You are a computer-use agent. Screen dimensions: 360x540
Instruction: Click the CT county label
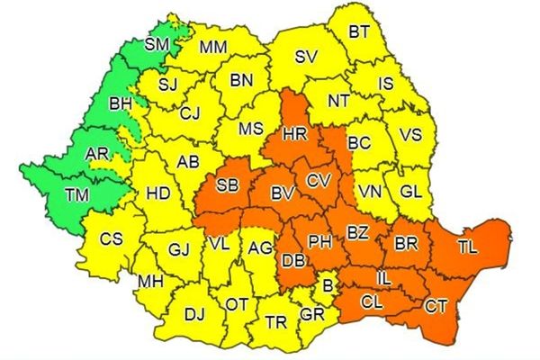pyautogui.click(x=436, y=307)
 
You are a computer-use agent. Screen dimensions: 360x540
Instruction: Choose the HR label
pyautogui.click(x=294, y=134)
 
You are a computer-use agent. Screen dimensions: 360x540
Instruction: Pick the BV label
pyautogui.click(x=283, y=193)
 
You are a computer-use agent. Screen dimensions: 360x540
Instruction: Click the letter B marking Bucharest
pyautogui.click(x=328, y=285)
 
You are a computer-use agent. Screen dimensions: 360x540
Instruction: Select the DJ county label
pyautogui.click(x=193, y=314)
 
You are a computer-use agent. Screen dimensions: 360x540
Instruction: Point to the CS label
pyautogui.click(x=111, y=239)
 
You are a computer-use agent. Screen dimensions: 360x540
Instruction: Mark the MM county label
pyautogui.click(x=213, y=47)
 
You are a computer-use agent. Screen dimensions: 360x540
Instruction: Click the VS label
pyautogui.click(x=410, y=135)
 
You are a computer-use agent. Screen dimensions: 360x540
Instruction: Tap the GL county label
pyautogui.click(x=409, y=191)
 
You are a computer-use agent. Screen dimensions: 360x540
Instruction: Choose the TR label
pyautogui.click(x=275, y=321)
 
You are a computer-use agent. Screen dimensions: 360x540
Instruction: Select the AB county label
pyautogui.click(x=187, y=162)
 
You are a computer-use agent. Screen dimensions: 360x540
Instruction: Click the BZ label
pyautogui.click(x=358, y=234)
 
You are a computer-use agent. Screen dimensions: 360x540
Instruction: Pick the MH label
pyautogui.click(x=149, y=283)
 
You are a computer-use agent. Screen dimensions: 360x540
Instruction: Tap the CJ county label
pyautogui.click(x=189, y=113)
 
